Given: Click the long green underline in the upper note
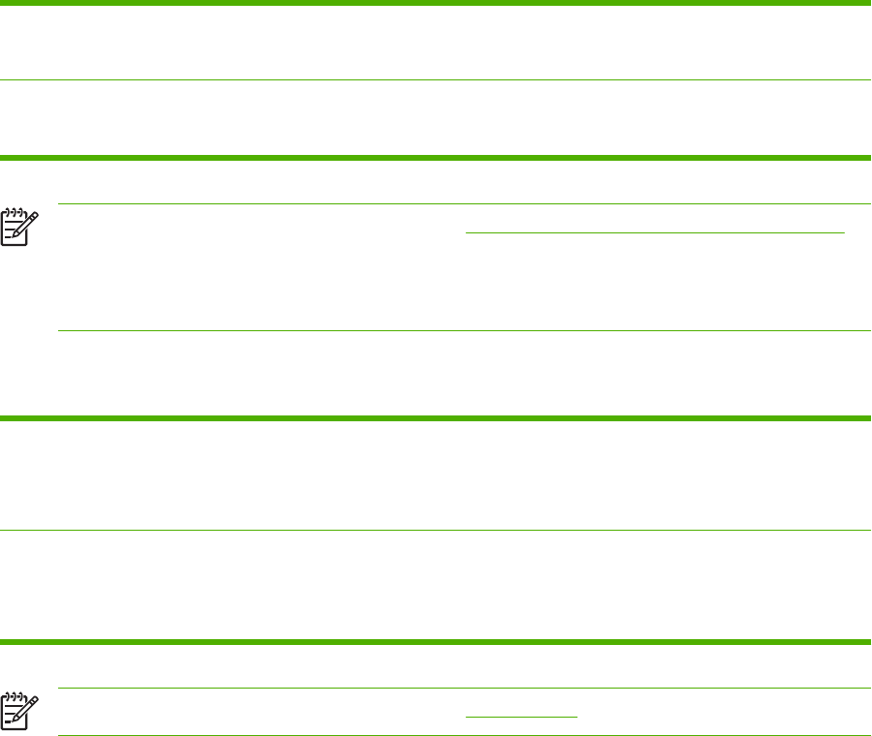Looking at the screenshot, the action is point(655,232).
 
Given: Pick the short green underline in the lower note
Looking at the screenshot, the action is point(521,717).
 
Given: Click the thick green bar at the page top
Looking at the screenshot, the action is point(436,4).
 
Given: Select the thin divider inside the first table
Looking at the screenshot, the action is point(436,80).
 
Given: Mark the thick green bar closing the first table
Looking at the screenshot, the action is point(436,157).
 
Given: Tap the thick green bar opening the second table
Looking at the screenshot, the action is point(436,418).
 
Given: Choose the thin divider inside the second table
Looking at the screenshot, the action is point(436,530).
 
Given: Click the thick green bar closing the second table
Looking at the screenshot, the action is point(436,641).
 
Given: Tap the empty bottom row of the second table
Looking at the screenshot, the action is point(436,585).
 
